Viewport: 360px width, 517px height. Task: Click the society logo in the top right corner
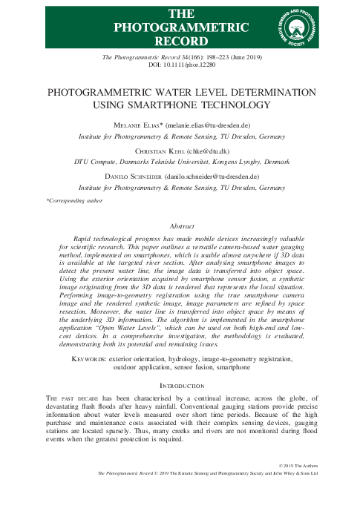(x=299, y=26)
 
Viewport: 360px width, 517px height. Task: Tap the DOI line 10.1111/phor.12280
(x=180, y=65)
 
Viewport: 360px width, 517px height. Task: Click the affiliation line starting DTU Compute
(x=180, y=162)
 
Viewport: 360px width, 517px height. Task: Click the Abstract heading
(x=180, y=225)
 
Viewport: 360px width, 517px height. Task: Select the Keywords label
(x=82, y=358)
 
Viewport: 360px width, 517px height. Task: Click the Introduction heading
(x=180, y=386)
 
